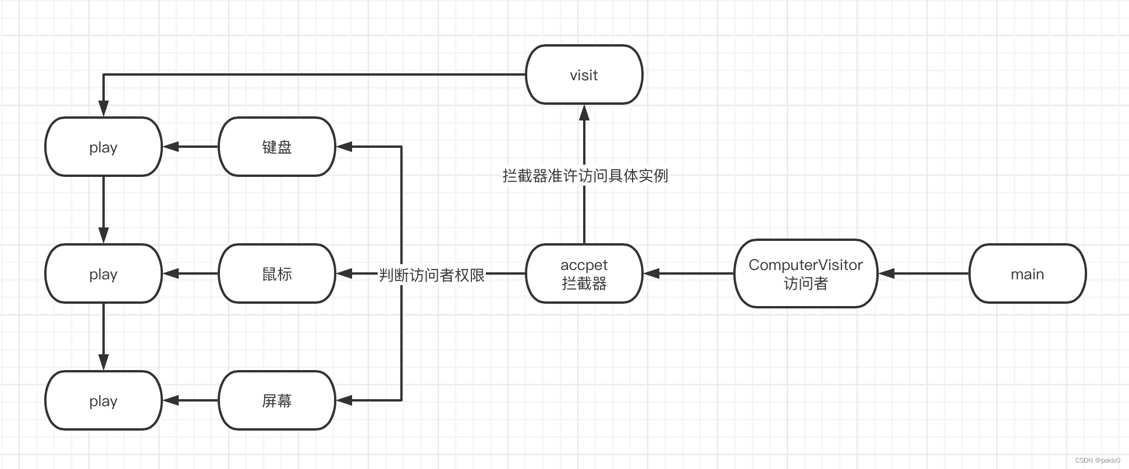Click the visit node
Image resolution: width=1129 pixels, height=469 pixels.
point(584,74)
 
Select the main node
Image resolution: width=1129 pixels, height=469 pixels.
point(1027,273)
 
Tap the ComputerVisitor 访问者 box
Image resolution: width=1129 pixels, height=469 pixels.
point(805,273)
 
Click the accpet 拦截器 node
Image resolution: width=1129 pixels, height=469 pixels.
point(584,273)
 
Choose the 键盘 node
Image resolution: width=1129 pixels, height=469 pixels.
point(277,147)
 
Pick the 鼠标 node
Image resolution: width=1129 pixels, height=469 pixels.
point(277,273)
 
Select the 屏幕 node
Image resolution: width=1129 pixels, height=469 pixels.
point(277,400)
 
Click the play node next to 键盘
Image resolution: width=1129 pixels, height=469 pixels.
point(104,147)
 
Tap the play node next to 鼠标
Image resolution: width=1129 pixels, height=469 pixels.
point(104,273)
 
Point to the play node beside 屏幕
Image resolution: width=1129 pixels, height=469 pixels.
point(104,400)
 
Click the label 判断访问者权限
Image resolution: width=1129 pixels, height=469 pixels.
point(432,275)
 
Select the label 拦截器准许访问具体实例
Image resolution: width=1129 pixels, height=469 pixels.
point(585,175)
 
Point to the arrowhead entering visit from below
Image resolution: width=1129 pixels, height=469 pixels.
point(584,112)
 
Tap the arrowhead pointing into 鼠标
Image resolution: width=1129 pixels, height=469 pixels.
point(345,273)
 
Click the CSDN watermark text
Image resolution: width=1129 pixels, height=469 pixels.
point(1098,460)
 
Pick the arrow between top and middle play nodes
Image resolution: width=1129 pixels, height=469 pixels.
point(104,209)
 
